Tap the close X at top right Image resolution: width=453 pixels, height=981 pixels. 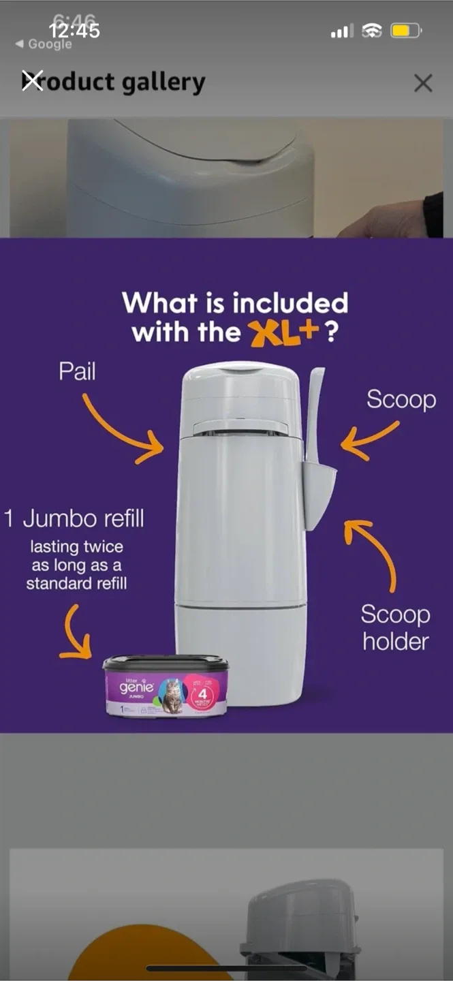tap(423, 83)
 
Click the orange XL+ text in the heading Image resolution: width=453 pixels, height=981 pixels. tap(285, 333)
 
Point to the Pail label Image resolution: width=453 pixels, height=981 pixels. tap(77, 372)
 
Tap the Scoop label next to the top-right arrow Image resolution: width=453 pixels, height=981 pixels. tap(401, 399)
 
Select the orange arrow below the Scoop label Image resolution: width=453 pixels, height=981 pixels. tap(369, 441)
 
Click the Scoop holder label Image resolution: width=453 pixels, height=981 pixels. tap(395, 627)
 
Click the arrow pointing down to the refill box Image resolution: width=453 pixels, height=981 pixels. tap(76, 634)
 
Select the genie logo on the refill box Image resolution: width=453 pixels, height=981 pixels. tap(136, 687)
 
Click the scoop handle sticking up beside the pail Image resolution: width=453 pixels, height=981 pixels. tap(315, 409)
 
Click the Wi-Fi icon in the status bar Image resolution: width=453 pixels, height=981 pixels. tap(372, 31)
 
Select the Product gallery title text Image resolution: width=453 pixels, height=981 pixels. tap(114, 82)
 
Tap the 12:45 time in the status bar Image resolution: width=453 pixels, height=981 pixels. tap(74, 31)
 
